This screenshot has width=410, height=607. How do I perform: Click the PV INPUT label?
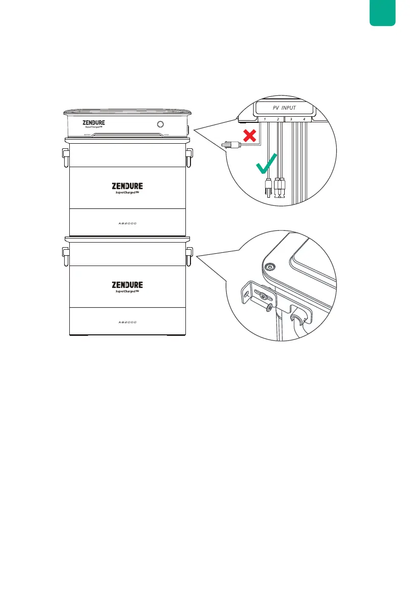point(283,108)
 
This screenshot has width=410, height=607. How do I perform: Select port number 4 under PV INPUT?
point(304,119)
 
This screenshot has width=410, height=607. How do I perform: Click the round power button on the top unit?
point(161,124)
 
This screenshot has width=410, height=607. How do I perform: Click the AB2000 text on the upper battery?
point(127,223)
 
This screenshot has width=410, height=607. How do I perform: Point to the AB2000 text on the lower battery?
point(127,323)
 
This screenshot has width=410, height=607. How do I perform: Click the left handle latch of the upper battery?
point(65,156)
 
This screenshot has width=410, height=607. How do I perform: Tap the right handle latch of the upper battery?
point(189,156)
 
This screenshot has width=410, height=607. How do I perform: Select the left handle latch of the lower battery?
point(65,256)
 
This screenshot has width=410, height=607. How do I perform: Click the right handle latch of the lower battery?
point(189,256)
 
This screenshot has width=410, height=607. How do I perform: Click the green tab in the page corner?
point(384,12)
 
